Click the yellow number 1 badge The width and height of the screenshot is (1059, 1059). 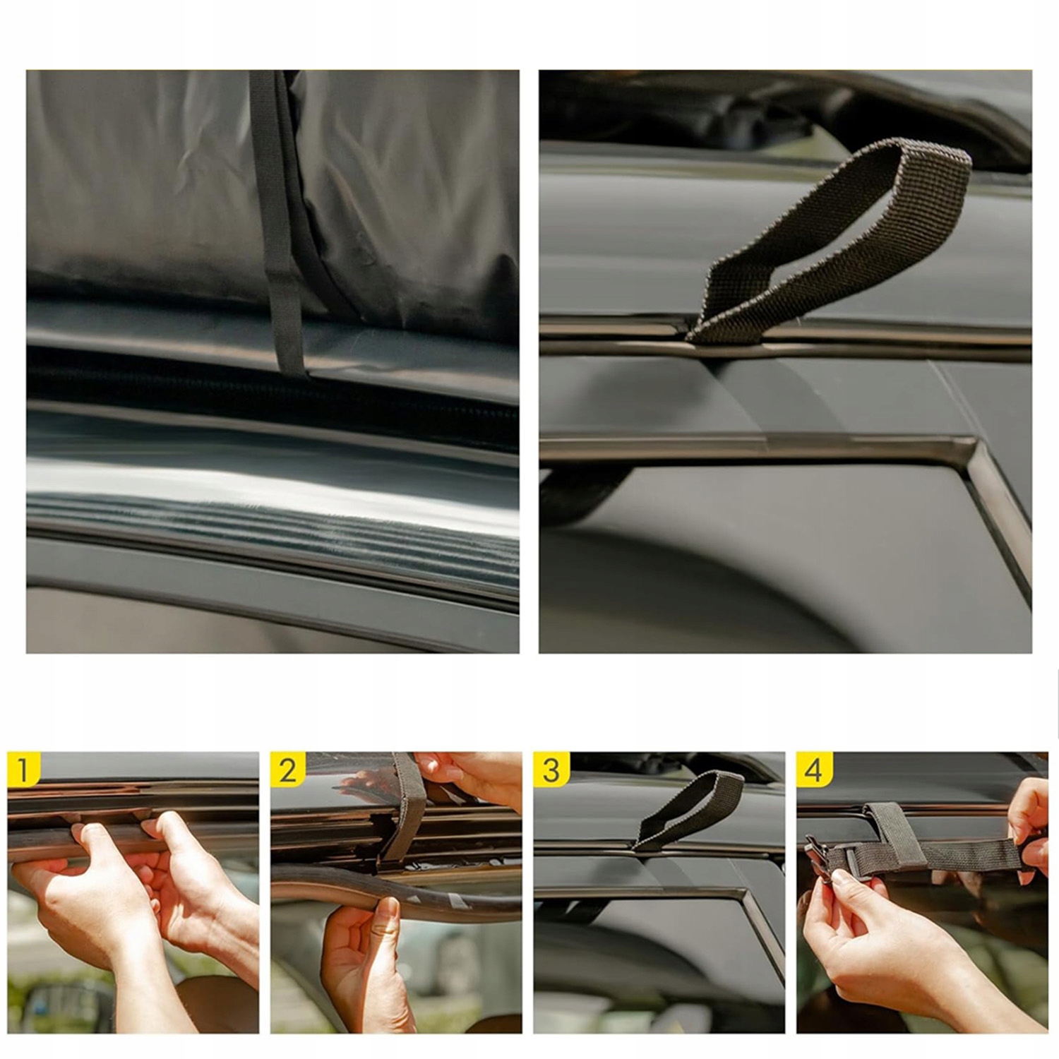tap(24, 768)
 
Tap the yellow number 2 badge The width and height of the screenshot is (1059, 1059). tap(287, 768)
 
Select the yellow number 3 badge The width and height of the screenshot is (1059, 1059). tap(551, 768)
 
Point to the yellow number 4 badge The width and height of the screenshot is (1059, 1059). tap(814, 768)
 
